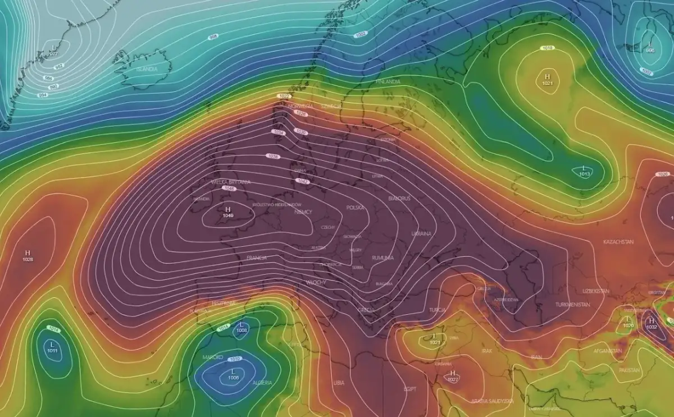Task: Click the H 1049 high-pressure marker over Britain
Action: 228,211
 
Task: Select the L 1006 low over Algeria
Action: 233,374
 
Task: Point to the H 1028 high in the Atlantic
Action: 28,256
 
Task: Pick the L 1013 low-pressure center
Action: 584,171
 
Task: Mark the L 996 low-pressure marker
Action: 650,47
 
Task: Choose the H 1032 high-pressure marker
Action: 652,323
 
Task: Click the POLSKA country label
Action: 355,207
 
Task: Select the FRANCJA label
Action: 256,258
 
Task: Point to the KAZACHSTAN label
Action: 618,242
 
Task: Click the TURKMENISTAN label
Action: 572,304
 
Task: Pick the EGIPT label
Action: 410,388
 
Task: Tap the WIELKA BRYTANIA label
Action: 231,182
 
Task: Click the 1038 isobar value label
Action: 273,156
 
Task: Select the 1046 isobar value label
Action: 229,188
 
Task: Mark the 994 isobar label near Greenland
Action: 42,95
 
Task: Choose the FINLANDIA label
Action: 388,81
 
